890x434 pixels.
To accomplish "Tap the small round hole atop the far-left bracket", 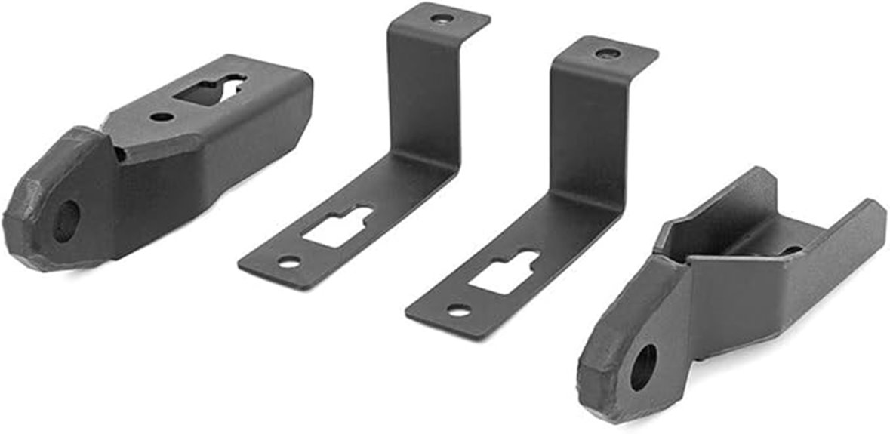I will [160, 118].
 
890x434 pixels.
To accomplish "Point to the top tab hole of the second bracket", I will [441, 17].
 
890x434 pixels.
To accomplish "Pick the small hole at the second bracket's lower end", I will [288, 263].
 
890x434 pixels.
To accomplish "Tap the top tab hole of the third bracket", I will [608, 54].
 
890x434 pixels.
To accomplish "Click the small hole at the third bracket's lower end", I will [457, 310].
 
